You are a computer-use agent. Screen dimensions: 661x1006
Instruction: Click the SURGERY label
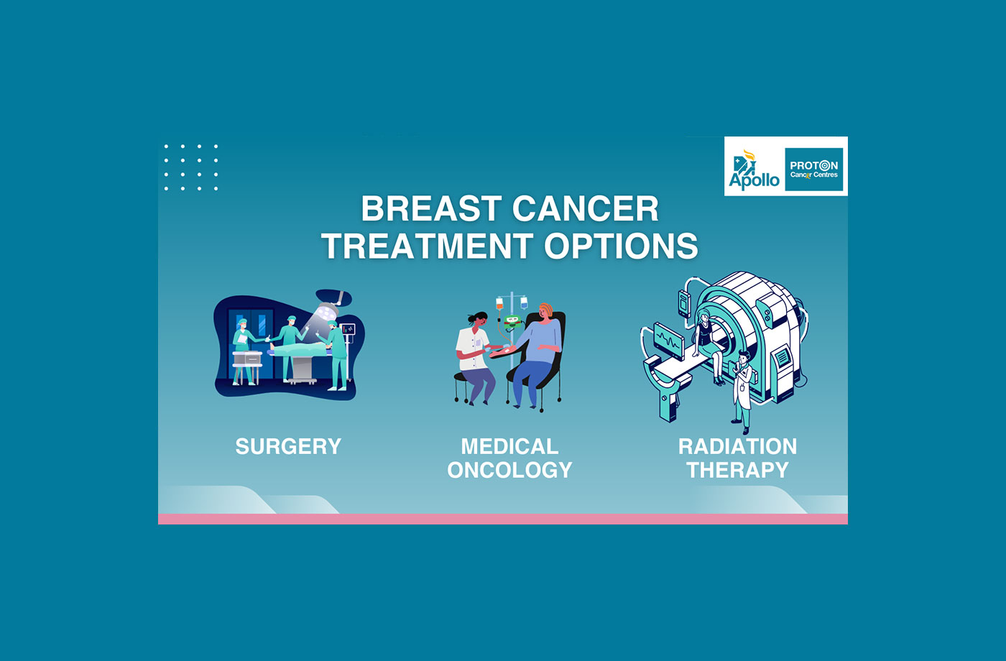pyautogui.click(x=288, y=446)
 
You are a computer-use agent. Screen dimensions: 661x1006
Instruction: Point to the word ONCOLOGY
pyautogui.click(x=509, y=470)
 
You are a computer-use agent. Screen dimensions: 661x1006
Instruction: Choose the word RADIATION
pyautogui.click(x=737, y=446)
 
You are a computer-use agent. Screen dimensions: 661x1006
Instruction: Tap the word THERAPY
pyautogui.click(x=737, y=470)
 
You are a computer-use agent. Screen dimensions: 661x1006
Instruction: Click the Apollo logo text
pyautogui.click(x=754, y=180)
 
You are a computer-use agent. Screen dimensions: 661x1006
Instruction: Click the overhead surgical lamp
pyautogui.click(x=327, y=310)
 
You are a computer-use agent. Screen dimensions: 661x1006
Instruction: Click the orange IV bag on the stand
pyautogui.click(x=499, y=304)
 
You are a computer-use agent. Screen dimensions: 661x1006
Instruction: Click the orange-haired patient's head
pyautogui.click(x=546, y=311)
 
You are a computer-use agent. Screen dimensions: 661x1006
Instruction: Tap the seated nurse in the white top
pyautogui.click(x=473, y=352)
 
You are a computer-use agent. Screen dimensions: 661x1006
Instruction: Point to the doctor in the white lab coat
pyautogui.click(x=742, y=388)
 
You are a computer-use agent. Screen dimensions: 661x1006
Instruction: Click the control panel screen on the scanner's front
pyautogui.click(x=780, y=363)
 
